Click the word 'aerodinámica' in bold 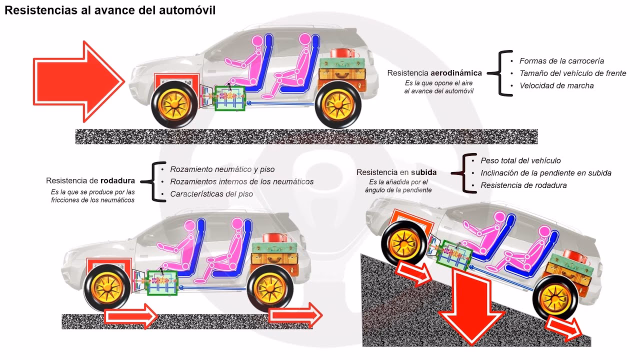(x=456, y=73)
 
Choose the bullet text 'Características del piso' (x=211, y=194)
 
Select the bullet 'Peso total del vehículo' (x=520, y=161)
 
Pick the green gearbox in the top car (x=230, y=98)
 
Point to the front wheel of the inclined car (x=404, y=243)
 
